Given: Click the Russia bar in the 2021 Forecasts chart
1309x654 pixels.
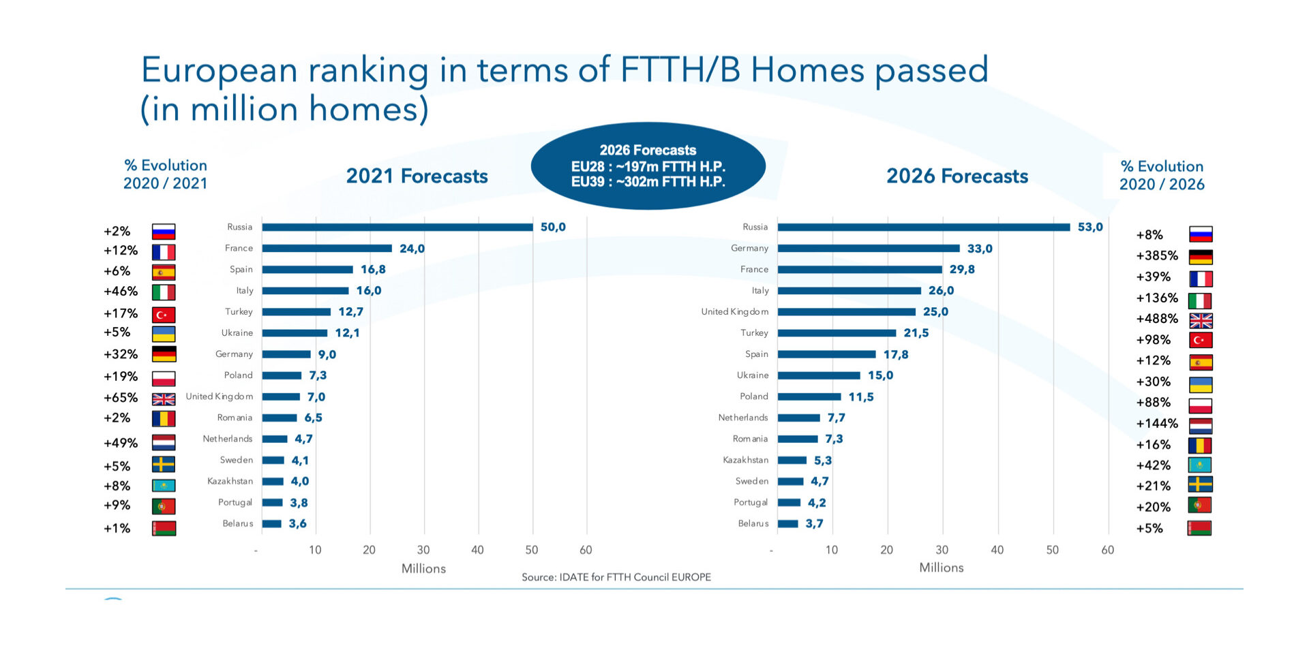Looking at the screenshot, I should point(397,228).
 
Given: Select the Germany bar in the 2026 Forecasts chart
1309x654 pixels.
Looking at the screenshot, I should point(869,249).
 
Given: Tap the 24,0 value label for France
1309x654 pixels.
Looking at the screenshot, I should point(412,249).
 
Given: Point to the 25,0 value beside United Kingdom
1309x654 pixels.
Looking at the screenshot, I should point(935,312).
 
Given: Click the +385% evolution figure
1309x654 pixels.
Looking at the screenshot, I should point(1157,256).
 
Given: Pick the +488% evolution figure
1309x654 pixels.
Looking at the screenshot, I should point(1157,319).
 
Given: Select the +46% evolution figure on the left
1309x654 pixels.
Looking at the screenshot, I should point(121,292).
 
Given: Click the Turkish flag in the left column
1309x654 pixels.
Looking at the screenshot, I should point(164,315).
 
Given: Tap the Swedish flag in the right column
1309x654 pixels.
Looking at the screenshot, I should point(1200,485).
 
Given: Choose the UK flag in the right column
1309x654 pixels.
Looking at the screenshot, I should point(1201,321).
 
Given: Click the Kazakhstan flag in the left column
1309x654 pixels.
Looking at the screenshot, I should point(164,486).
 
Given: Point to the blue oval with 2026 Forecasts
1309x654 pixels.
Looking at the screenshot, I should point(648,166).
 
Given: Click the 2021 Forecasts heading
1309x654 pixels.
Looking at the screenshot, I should point(417,176).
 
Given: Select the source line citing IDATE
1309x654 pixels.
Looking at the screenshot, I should point(616,578).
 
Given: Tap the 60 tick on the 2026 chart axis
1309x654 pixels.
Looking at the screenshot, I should point(1108,550).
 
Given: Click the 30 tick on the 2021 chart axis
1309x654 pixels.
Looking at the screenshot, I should point(423,550).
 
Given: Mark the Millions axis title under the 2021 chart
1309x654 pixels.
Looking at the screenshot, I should point(423,569).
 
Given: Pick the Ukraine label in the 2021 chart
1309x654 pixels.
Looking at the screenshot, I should point(237,333).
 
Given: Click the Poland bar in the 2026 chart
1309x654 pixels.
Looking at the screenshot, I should point(809,396).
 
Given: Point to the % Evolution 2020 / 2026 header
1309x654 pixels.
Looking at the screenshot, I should point(1162,176).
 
